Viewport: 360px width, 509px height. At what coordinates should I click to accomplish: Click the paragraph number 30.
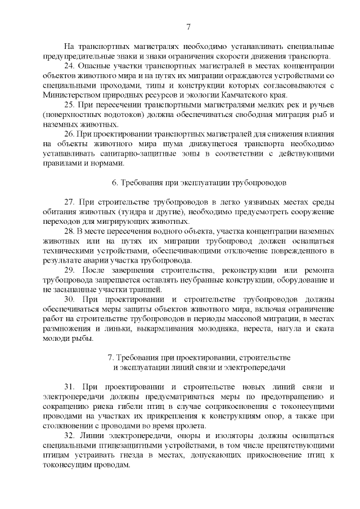point(70,299)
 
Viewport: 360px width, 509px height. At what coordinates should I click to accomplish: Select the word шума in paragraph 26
point(165,144)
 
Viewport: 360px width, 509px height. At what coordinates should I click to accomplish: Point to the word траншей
point(132,289)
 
